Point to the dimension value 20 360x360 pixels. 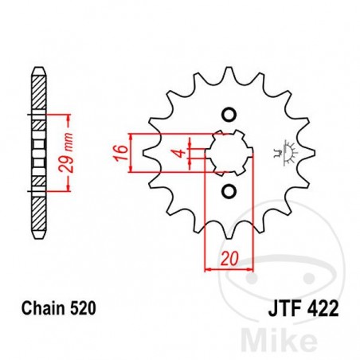coord(229,259)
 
